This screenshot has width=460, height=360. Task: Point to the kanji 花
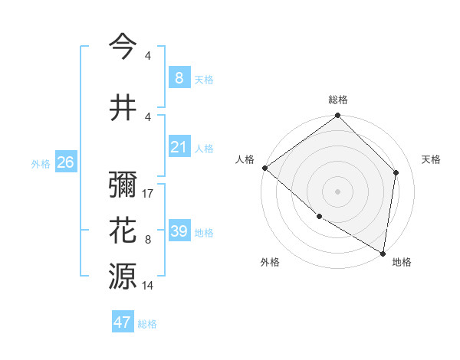[123, 230]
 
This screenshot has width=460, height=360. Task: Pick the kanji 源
[123, 275]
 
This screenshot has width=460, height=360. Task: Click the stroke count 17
[149, 194]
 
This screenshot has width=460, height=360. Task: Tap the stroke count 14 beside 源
[149, 286]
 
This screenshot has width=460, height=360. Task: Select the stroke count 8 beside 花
[148, 240]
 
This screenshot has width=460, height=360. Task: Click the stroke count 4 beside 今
[148, 56]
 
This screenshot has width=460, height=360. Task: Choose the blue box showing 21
[179, 148]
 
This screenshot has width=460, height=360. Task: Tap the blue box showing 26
[65, 162]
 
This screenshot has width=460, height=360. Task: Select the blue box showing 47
[123, 322]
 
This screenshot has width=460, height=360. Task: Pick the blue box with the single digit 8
[179, 78]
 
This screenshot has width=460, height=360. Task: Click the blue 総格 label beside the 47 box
[147, 324]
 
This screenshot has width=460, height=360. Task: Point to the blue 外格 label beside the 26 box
[41, 164]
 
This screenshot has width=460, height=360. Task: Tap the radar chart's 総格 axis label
[338, 100]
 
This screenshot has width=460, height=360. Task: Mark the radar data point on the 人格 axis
[264, 168]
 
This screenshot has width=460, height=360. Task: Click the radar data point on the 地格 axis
[383, 253]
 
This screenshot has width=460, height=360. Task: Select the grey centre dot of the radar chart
[338, 191]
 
